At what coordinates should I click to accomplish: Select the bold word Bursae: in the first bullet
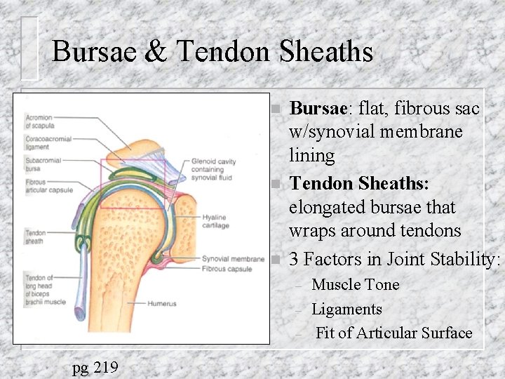(319, 109)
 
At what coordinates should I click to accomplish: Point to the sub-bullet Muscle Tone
(355, 285)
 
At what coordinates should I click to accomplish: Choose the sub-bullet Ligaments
(346, 309)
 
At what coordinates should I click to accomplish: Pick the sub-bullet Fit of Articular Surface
(393, 333)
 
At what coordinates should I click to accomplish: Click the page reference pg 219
(96, 366)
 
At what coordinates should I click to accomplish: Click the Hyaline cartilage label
(215, 221)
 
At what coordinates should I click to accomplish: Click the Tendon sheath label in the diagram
(35, 237)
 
